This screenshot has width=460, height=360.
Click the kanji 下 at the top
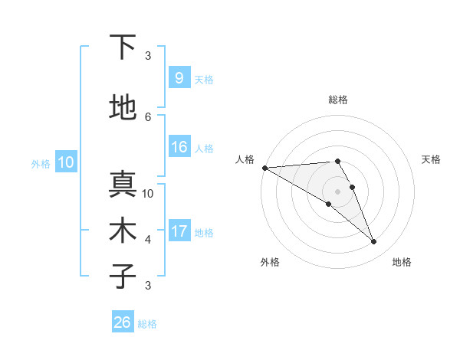[x=123, y=47]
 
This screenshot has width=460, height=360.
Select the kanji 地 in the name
[x=123, y=107]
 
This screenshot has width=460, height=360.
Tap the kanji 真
[x=123, y=184]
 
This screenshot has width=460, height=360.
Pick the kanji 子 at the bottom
[x=123, y=275]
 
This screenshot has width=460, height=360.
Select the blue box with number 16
[x=179, y=147]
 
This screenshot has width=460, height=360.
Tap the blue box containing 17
[x=179, y=231]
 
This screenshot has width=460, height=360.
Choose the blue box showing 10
[x=65, y=162]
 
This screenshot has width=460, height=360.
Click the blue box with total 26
[x=122, y=322]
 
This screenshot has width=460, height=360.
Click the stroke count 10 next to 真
[x=148, y=193]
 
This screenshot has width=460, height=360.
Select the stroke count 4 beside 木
[x=148, y=239]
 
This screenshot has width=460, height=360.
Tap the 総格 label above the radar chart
[x=337, y=100]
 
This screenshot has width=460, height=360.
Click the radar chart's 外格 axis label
[x=270, y=262]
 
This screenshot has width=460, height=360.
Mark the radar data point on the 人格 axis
[x=264, y=168]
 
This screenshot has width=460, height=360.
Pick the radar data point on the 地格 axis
[x=374, y=242]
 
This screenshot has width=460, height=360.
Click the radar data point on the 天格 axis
[x=353, y=186]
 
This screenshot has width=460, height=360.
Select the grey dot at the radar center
[x=337, y=191]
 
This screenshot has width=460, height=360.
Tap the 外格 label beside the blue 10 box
[x=41, y=163]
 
